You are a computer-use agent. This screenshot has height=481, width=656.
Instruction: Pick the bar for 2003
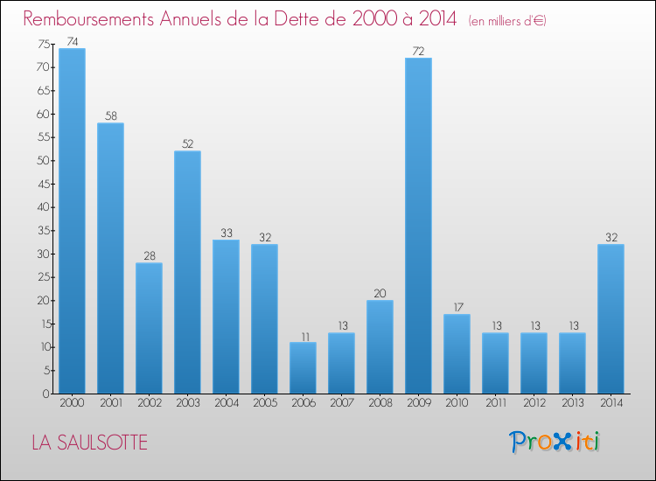(x=187, y=272)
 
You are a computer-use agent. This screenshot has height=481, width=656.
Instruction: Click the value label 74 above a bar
(x=72, y=42)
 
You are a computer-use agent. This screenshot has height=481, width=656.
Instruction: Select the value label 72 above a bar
(x=418, y=52)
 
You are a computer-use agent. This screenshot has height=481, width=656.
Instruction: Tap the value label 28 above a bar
(x=149, y=256)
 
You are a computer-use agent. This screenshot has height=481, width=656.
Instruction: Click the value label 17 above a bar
(x=457, y=308)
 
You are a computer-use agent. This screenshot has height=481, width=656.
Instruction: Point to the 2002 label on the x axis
(x=149, y=403)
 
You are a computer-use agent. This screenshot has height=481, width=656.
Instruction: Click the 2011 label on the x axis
(x=495, y=403)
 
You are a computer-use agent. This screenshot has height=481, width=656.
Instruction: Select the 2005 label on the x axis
(x=264, y=403)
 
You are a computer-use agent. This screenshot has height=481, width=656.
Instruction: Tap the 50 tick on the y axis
(x=43, y=161)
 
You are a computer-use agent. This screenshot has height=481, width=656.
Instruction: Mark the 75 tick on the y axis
(x=43, y=44)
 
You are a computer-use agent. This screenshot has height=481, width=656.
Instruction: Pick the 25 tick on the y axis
(x=43, y=277)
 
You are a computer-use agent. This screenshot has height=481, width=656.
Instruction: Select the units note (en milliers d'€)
(x=507, y=20)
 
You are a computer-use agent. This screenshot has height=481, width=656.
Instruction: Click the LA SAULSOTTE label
(x=89, y=443)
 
